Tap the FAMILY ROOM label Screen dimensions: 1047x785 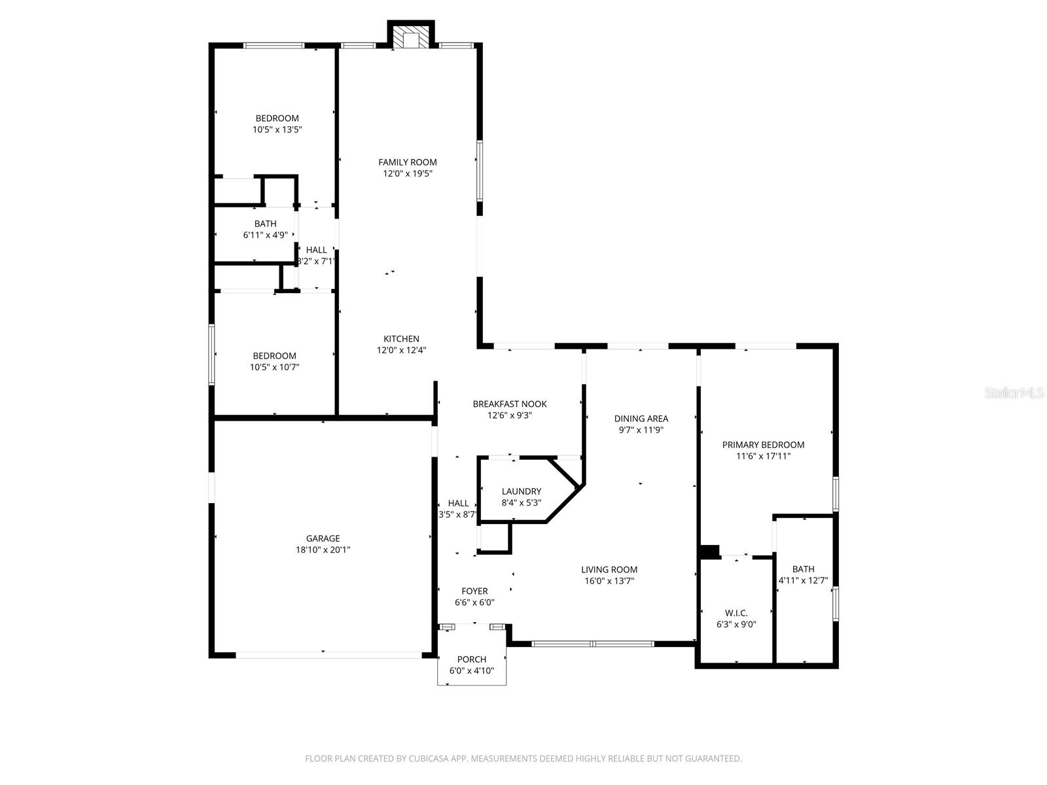point(408,162)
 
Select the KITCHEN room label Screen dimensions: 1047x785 point(401,339)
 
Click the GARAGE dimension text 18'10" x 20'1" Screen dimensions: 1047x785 point(323,550)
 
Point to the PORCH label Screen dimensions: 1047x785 point(471,659)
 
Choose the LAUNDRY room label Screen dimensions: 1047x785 point(522,491)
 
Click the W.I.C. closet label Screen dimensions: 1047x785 point(736,614)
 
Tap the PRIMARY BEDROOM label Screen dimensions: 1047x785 point(763,445)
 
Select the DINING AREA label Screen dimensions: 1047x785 point(641,419)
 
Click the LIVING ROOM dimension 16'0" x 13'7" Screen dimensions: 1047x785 point(609,581)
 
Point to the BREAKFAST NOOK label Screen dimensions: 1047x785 point(509,404)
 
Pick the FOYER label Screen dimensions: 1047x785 point(474,591)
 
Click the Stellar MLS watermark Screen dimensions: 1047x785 point(1014,392)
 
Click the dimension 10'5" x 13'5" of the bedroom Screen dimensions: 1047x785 point(277,130)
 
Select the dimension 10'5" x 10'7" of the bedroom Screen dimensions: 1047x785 point(274,367)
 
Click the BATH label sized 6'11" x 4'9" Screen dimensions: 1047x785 point(265,224)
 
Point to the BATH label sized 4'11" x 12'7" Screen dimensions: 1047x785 point(804,569)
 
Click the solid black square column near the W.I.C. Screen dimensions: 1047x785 point(709,551)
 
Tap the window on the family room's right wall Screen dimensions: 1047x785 point(480,171)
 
